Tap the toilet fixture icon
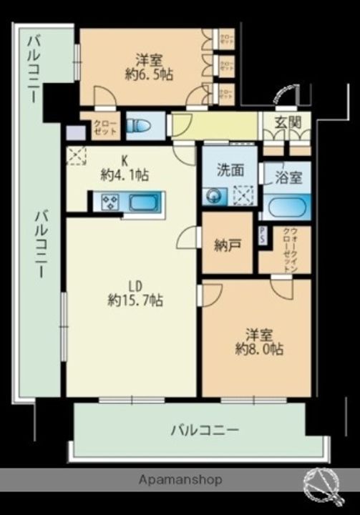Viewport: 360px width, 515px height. (138, 127)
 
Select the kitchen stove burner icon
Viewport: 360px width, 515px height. (111, 202)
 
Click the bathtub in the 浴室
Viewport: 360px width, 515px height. (286, 208)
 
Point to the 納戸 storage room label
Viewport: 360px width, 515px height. (227, 244)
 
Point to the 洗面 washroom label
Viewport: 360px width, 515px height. (230, 170)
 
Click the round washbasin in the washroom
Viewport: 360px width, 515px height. (213, 196)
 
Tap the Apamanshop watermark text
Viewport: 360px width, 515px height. (181, 479)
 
